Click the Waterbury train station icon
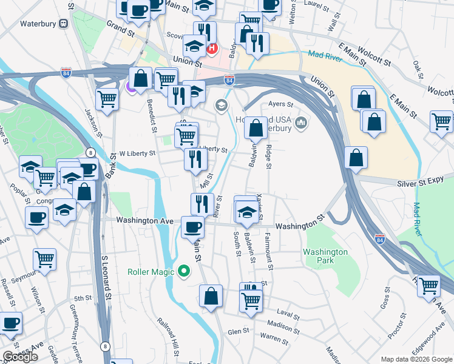(63, 23)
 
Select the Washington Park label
(326, 256)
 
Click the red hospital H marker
(212, 48)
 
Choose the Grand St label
(120, 27)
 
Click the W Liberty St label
(137, 153)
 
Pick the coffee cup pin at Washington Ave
(192, 227)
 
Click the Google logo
(20, 357)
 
